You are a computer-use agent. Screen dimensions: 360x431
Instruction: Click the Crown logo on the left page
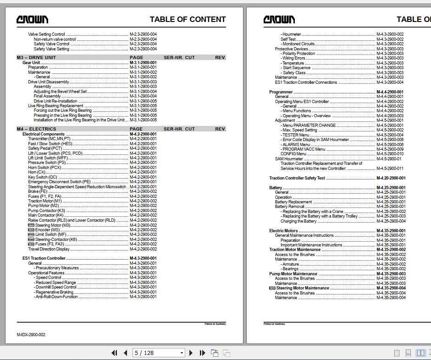[x=32, y=19]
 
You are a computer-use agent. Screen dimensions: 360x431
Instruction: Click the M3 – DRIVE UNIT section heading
[x=36, y=58]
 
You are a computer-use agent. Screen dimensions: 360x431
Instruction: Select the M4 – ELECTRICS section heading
[x=36, y=129]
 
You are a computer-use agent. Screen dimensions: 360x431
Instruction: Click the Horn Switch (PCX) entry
[x=44, y=168]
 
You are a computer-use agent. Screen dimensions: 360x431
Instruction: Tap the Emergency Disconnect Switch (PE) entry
[x=59, y=182]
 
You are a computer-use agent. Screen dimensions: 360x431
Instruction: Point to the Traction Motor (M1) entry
[x=44, y=201]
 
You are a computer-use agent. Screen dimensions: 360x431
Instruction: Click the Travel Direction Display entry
[x=49, y=249]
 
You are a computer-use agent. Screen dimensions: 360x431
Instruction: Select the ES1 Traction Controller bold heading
[x=44, y=258]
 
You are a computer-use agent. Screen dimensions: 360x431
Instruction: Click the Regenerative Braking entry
[x=55, y=292]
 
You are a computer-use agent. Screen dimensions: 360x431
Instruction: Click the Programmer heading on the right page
[x=281, y=92]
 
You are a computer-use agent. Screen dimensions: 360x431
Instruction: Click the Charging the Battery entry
[x=298, y=221]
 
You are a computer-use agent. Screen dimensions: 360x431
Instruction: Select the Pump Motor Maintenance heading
[x=293, y=274]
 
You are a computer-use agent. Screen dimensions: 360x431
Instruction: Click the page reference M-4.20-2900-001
[x=391, y=178]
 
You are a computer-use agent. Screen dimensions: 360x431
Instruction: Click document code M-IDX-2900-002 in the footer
[x=31, y=335]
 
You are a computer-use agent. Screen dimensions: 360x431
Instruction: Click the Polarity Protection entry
[x=298, y=54]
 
